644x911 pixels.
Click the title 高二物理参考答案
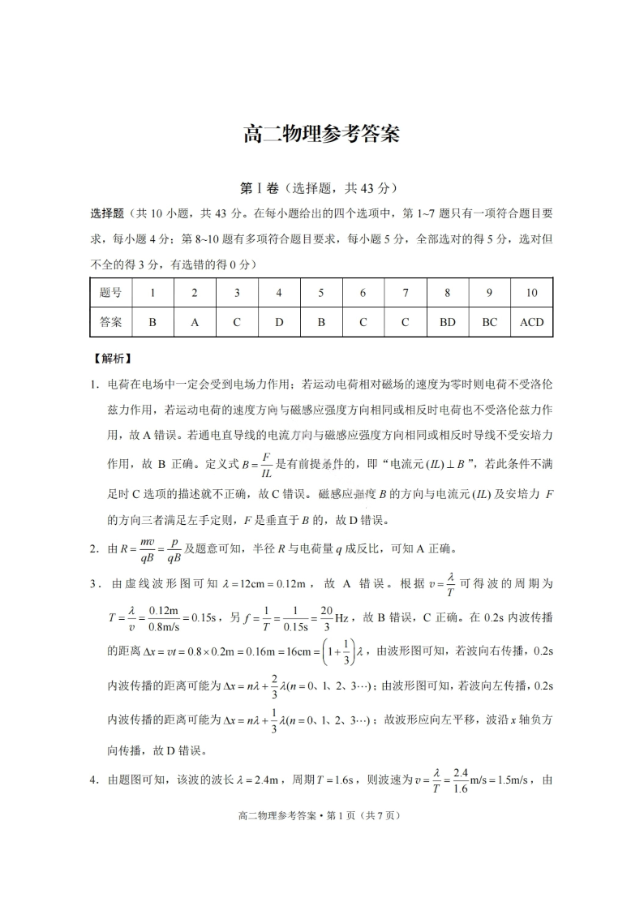(321, 134)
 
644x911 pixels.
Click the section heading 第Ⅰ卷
(259, 188)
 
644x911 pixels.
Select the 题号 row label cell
(110, 293)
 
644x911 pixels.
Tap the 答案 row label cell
(110, 322)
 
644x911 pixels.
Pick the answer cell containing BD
(447, 322)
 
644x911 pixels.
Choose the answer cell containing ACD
(531, 322)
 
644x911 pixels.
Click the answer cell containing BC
(489, 322)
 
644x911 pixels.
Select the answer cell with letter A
(195, 322)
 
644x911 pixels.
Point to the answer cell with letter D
(279, 322)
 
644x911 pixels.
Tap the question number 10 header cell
(531, 293)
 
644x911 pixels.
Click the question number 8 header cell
(447, 293)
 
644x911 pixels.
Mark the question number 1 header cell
(152, 293)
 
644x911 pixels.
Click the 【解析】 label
(112, 358)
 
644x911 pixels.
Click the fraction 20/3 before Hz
(326, 617)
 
